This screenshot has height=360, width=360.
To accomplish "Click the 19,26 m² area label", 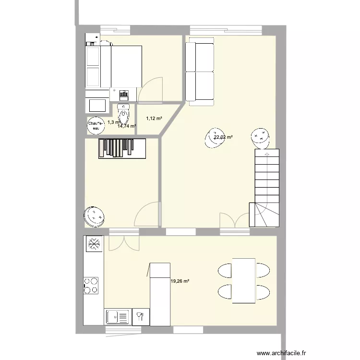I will (x=180, y=281).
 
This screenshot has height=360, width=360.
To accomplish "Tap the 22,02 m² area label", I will (x=223, y=137).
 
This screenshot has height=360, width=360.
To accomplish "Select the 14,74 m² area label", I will (x=127, y=126).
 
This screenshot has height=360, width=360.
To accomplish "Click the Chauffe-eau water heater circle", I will (x=95, y=125).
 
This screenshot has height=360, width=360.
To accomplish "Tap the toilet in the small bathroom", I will (x=124, y=114).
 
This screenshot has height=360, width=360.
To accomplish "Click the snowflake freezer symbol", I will (x=94, y=244).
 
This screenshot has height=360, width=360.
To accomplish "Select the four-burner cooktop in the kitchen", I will (x=91, y=285).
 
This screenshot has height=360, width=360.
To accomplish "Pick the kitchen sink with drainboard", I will (x=117, y=317).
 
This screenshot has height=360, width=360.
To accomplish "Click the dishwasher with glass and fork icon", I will (x=142, y=317).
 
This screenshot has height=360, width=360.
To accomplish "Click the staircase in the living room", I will (x=265, y=187).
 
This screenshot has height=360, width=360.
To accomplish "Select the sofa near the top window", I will (x=200, y=73).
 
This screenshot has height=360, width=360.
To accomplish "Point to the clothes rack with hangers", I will (x=122, y=147).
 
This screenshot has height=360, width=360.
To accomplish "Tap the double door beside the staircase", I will (x=234, y=221).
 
